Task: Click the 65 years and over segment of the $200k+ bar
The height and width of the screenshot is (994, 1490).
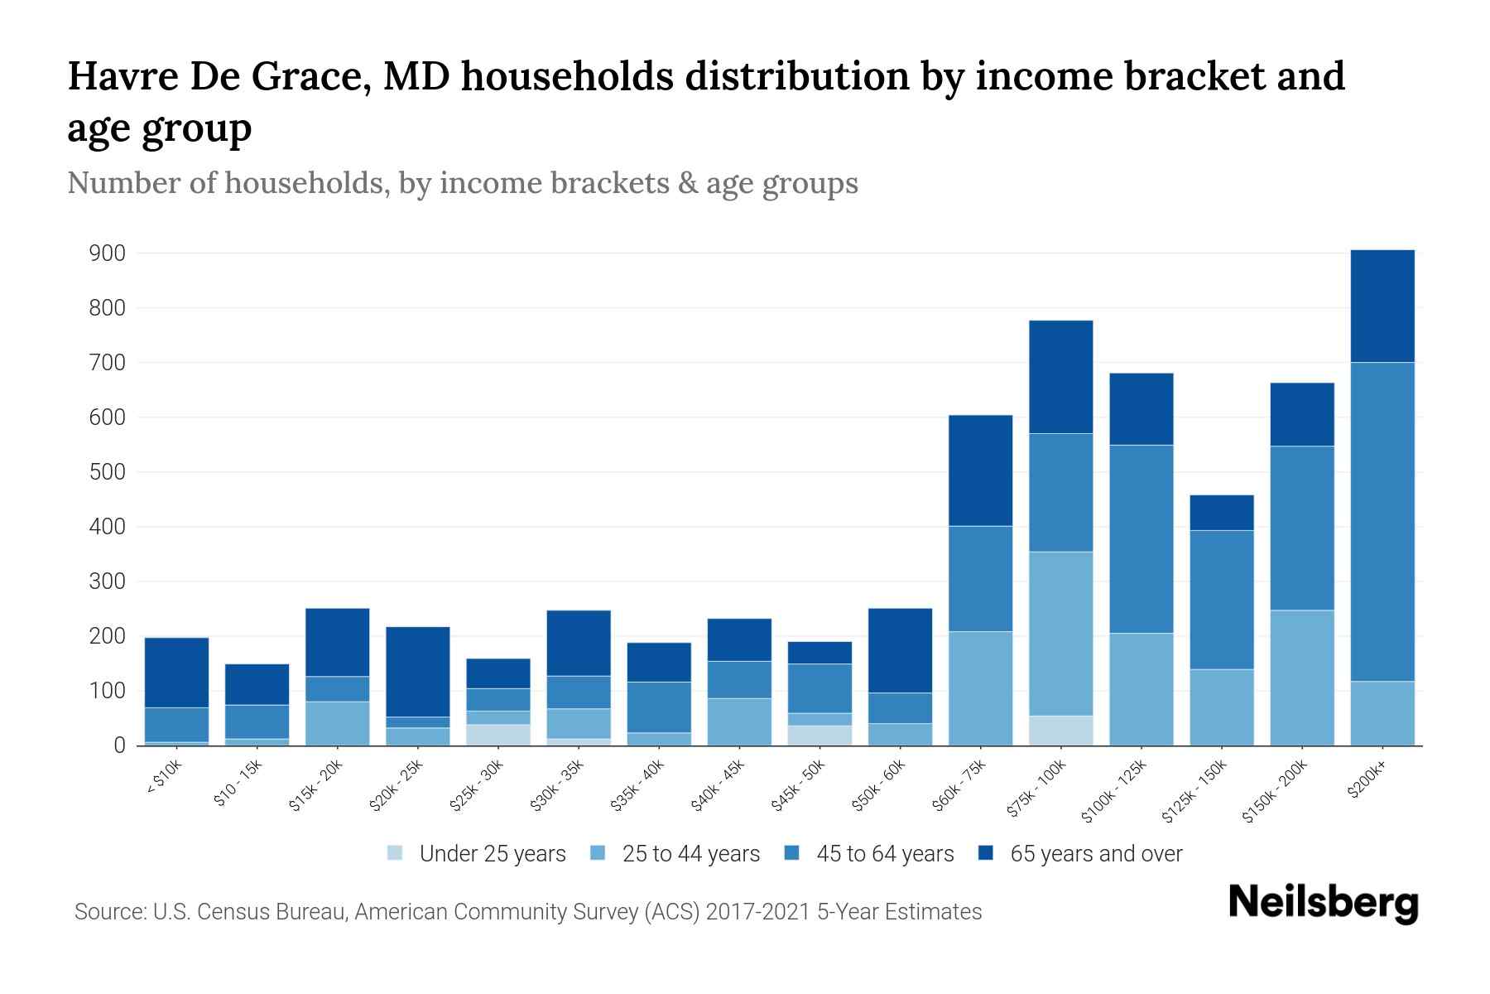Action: pyautogui.click(x=1382, y=306)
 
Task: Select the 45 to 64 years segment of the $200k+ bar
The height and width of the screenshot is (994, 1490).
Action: pyautogui.click(x=1382, y=522)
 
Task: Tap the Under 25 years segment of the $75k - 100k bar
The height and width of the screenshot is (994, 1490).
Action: pyautogui.click(x=1060, y=730)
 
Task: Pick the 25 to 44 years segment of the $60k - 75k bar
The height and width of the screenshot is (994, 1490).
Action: pyautogui.click(x=980, y=688)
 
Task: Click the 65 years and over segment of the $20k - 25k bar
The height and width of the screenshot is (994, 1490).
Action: pyautogui.click(x=418, y=672)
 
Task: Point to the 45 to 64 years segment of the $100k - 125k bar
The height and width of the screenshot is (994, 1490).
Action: pyautogui.click(x=1141, y=539)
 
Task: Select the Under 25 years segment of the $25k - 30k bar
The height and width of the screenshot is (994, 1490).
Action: pyautogui.click(x=498, y=735)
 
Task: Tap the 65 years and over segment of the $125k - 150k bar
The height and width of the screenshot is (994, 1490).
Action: pyautogui.click(x=1221, y=513)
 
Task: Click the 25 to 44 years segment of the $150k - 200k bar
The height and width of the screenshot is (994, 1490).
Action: pyautogui.click(x=1301, y=678)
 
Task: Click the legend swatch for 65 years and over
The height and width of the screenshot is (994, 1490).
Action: pyautogui.click(x=986, y=853)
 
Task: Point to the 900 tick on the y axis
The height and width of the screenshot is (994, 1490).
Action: pyautogui.click(x=107, y=253)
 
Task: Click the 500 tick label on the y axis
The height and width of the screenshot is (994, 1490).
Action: pyautogui.click(x=107, y=472)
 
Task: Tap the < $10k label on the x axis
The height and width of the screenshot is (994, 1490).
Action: pyautogui.click(x=165, y=779)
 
